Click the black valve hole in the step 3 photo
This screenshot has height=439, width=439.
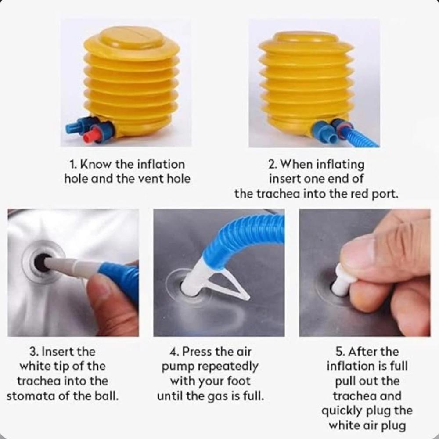pyautogui.click(x=41, y=263)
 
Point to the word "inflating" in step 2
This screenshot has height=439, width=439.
pyautogui.click(x=340, y=165)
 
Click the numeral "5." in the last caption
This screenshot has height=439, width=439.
pyautogui.click(x=340, y=352)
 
